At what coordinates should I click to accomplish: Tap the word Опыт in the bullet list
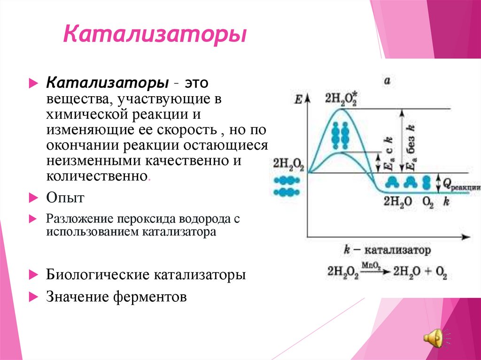coord(65,198)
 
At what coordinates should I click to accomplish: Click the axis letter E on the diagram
coord(297,99)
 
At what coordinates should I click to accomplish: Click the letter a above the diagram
coord(388,81)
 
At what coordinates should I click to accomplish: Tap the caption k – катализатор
coord(387,250)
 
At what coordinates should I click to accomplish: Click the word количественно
coord(96,176)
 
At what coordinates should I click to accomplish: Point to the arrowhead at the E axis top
coord(308,97)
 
